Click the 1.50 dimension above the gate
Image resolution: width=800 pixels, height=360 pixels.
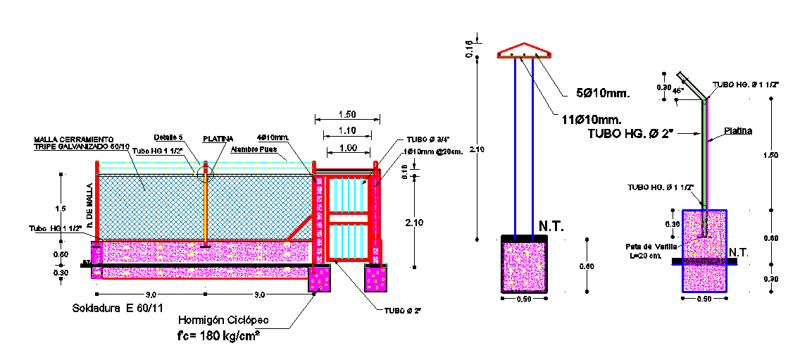pyautogui.click(x=347, y=113)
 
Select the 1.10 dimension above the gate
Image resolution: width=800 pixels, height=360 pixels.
pyautogui.click(x=347, y=131)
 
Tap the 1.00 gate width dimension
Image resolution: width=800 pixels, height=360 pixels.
pyautogui.click(x=347, y=147)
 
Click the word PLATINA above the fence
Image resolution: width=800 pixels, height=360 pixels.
pyautogui.click(x=218, y=139)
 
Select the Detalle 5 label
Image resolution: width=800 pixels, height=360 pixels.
pyautogui.click(x=168, y=137)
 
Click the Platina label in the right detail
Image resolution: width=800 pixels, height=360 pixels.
pyautogui.click(x=738, y=131)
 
